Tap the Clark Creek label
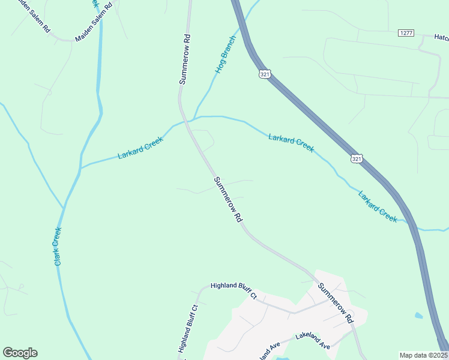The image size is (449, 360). [x=58, y=246]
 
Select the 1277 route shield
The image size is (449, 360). [x=406, y=32]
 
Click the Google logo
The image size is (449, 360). [x=20, y=353]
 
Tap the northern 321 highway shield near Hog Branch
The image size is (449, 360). [x=265, y=74]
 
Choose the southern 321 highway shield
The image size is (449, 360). [x=357, y=158]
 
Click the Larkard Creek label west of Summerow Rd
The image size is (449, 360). [x=140, y=148]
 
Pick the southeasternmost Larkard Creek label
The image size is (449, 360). [x=378, y=206]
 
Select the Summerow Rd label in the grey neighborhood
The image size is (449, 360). [x=336, y=304]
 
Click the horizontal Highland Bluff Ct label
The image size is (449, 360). [x=234, y=290]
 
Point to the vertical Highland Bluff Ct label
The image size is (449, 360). [x=187, y=328]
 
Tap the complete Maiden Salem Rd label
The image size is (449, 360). [x=93, y=23]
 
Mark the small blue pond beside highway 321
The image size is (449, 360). [x=418, y=315]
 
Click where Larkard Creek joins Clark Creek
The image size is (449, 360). [x=80, y=167]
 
